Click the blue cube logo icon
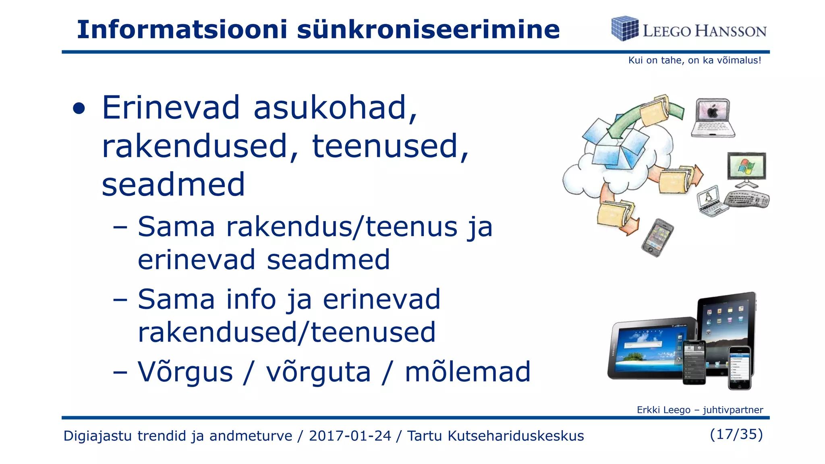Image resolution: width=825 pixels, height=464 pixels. tap(624, 29)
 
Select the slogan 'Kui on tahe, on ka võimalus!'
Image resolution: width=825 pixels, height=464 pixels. tap(694, 60)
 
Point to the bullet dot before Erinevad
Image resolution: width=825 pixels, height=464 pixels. tap(79, 109)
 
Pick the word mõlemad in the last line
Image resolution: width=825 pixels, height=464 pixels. tap(468, 372)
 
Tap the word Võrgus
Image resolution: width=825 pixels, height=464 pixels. tap(185, 372)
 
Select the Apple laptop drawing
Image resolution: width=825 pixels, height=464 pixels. tap(713, 118)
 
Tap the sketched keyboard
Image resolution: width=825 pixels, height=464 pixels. tap(746, 199)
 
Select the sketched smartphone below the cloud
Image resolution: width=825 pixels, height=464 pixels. tap(657, 238)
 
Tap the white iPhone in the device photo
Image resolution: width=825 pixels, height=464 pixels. tap(740, 367)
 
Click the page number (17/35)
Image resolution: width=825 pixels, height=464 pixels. tap(736, 434)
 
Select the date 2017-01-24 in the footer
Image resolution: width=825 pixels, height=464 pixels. tap(350, 436)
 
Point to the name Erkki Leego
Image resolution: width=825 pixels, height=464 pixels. tap(663, 410)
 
